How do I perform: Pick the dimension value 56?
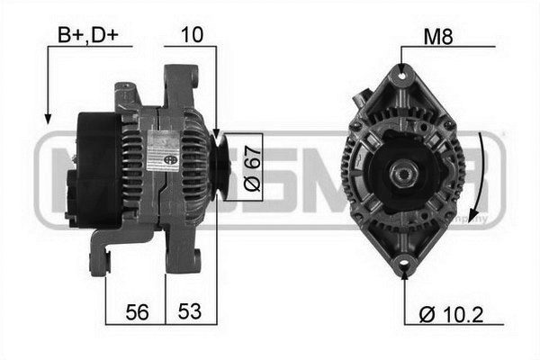pos(135,312)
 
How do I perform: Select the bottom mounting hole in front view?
pos(403,266)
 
